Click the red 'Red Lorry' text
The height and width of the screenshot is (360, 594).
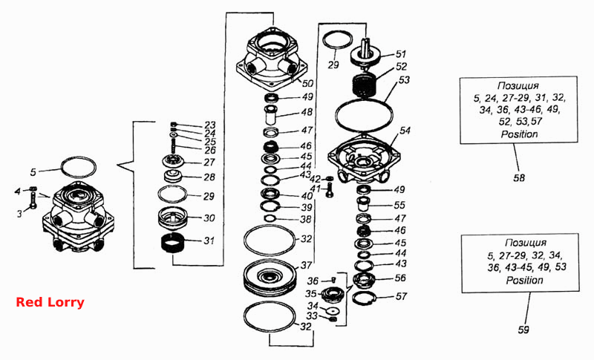[x=50, y=302]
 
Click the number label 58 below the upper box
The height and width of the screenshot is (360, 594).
[x=519, y=177]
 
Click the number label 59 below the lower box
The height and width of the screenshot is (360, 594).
[x=523, y=330]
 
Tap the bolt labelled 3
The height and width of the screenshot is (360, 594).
[x=33, y=200]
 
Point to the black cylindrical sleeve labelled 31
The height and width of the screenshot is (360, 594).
[x=172, y=241]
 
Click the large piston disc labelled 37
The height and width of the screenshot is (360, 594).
[x=270, y=276]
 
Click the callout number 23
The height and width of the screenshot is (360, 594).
[x=210, y=125]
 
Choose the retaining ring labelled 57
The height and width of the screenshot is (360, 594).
[x=363, y=298]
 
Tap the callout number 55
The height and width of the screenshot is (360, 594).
[x=399, y=205]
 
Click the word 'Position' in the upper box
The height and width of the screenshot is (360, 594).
[x=519, y=134]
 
